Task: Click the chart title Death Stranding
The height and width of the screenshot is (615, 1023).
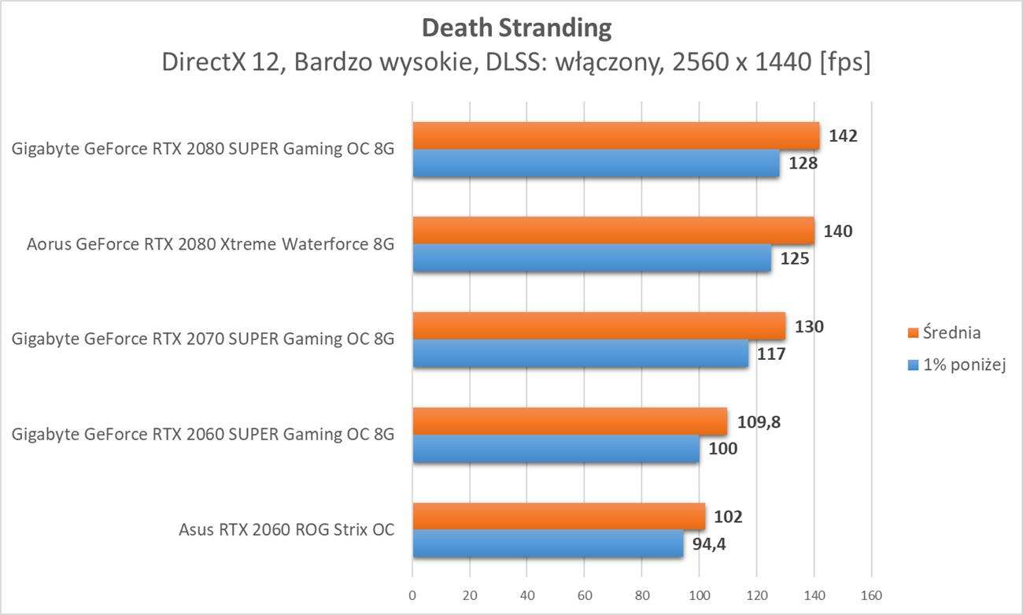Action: coord(516,28)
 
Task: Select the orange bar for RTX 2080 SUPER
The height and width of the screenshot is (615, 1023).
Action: coord(615,135)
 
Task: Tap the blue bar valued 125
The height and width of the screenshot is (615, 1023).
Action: coord(592,258)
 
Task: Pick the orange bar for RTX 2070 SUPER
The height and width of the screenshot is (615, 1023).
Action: coord(599,326)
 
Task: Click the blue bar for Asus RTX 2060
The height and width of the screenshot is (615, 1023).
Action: coord(548,543)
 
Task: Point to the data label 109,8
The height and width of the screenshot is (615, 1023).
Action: coord(759,421)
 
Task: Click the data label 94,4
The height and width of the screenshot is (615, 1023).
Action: coord(709,544)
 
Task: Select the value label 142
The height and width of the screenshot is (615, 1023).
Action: coord(842,135)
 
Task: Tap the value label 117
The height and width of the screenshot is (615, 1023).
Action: coord(771,354)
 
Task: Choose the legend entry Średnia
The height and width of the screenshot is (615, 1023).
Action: coord(951,332)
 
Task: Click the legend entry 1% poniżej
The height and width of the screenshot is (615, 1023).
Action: coord(963,365)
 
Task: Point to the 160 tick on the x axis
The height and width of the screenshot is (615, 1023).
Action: coord(871,595)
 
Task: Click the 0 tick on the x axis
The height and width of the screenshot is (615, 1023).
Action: coord(412,595)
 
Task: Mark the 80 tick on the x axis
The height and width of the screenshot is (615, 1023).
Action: coord(642,595)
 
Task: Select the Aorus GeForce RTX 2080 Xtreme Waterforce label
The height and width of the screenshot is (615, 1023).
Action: coord(210,244)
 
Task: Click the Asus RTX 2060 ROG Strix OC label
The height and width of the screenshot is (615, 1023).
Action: coord(286,529)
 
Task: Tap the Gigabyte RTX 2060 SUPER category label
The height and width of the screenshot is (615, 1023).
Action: coord(203,434)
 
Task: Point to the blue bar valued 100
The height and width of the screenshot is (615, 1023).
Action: coord(556,449)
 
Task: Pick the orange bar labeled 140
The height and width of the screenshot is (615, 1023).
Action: coord(613,231)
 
